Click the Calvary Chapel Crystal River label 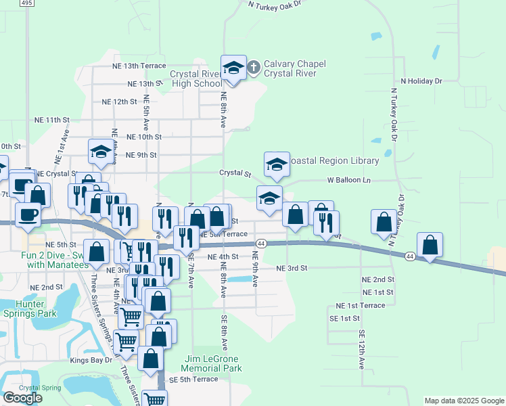tap(294, 69)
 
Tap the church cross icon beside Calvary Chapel tap(253, 67)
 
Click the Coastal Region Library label tap(333, 160)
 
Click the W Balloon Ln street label tap(349, 181)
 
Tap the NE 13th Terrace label tap(139, 66)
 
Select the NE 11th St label tap(52, 120)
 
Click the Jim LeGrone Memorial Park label tap(213, 363)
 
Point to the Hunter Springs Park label tap(28, 309)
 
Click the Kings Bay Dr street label tap(91, 361)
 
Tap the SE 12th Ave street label tap(362, 349)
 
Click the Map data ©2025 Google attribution tap(463, 401)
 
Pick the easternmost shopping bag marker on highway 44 tap(430, 246)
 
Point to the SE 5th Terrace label tap(193, 380)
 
